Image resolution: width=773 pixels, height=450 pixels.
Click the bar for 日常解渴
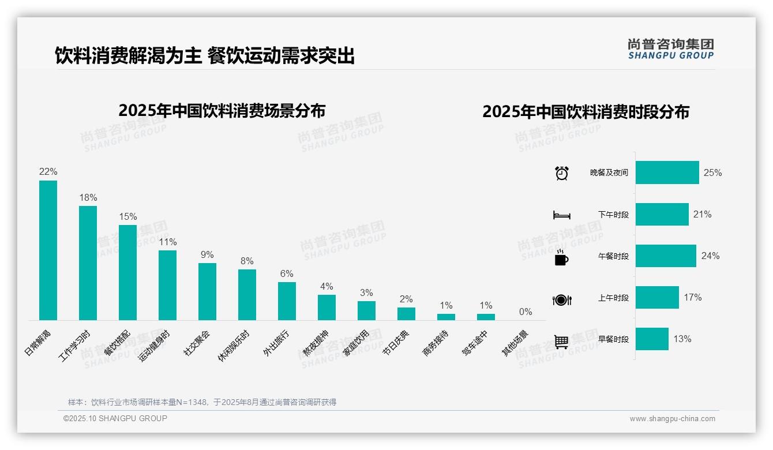point(48,250)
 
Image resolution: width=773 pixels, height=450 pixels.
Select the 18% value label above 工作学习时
point(88,197)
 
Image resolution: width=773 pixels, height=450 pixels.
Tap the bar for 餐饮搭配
point(127,272)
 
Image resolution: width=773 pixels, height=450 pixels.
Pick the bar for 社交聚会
point(207,291)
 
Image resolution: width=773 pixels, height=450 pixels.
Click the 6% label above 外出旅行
point(287,273)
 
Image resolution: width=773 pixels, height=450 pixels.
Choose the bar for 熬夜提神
point(327,307)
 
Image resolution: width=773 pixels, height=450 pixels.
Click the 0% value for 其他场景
point(526,312)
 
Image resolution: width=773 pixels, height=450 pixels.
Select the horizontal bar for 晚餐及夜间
point(667,172)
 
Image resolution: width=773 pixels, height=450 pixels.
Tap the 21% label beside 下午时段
point(703,214)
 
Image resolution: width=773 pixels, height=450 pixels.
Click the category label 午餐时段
point(613,256)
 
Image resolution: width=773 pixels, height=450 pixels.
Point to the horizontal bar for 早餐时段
point(652,339)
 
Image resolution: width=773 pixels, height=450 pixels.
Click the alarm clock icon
point(562,173)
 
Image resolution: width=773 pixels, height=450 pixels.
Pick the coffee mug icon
point(561,258)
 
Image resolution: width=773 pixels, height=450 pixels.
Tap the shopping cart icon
point(561,342)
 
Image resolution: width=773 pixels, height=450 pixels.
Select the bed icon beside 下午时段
point(561,215)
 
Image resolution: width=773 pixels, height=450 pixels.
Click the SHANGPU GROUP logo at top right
point(670,48)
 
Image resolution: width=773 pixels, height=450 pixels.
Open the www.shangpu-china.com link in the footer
point(672,419)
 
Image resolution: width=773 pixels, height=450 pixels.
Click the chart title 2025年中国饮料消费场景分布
point(222,111)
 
